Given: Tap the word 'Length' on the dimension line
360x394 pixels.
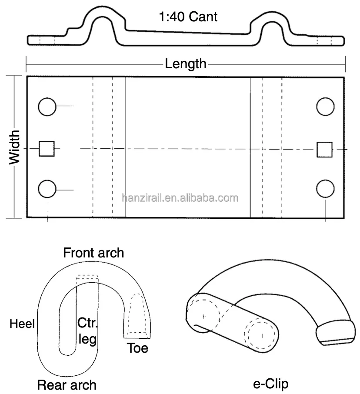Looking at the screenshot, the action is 186,64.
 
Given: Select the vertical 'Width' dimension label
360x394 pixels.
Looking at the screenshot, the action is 16,147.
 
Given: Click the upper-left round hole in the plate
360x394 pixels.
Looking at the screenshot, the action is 47,107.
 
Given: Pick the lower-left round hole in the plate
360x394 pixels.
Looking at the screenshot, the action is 47,189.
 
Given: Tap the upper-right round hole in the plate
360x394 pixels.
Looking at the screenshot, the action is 325,107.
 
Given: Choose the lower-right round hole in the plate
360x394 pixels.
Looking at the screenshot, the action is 325,189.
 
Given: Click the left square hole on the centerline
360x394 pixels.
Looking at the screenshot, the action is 47,148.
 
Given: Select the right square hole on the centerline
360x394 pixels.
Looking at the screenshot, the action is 324,149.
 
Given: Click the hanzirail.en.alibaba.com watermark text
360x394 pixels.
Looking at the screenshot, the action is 180,198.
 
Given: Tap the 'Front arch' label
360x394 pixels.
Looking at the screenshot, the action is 93,253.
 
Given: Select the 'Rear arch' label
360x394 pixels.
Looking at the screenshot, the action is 67,384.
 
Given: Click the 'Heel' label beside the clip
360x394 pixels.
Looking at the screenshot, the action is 22,324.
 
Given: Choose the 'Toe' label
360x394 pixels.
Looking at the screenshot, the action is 137,348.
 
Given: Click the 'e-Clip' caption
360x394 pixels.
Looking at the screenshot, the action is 270,384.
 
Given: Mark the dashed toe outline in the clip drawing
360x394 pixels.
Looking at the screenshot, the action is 137,315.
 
